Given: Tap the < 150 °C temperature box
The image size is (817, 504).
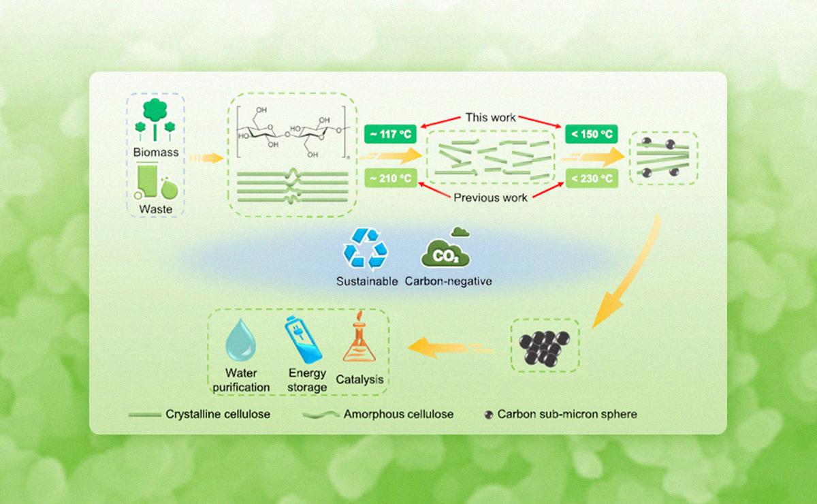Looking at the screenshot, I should tap(590, 134).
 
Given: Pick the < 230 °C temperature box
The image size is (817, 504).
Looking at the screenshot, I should tap(590, 179).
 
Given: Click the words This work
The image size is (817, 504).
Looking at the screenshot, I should tap(490, 117).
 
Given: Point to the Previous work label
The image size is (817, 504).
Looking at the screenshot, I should tap(491, 198).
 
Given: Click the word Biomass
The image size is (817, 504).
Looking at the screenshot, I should tap(155, 153).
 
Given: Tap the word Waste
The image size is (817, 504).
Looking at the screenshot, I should tap(155, 209).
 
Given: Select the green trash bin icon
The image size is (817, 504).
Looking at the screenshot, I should tap(149, 183).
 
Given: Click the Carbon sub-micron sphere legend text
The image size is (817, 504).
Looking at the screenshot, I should tap(567, 414).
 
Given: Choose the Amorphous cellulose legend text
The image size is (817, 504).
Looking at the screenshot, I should tap(398, 414).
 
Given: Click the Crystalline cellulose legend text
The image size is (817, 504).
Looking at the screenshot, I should tap(217, 414).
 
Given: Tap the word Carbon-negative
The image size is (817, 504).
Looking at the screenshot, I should tap(448, 281).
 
